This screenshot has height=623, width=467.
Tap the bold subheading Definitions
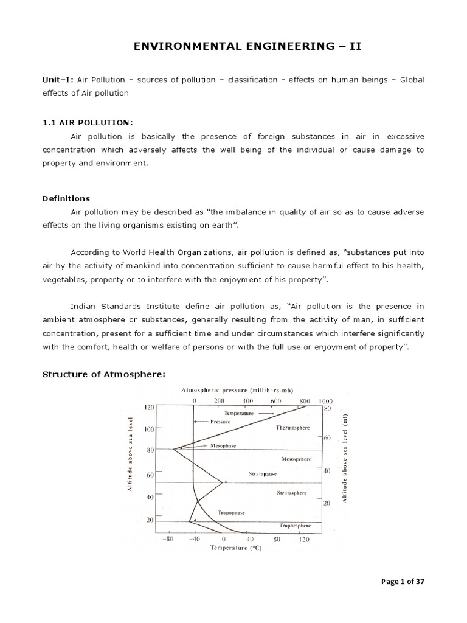[x=66, y=198]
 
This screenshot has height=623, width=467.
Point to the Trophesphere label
[x=295, y=525]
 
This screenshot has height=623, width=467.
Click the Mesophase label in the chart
[x=224, y=445]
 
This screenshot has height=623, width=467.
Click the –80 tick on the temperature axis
[x=168, y=539]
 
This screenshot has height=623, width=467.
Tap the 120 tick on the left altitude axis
[x=149, y=408]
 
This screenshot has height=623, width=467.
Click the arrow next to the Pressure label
[x=200, y=421]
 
